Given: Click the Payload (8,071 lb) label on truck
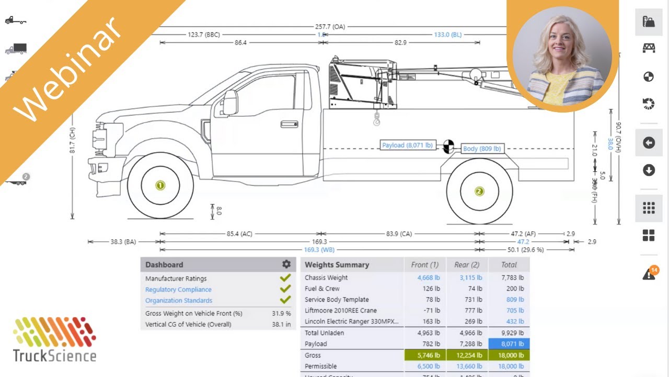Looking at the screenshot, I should (x=407, y=145).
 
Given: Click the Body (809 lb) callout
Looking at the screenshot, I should (x=482, y=149).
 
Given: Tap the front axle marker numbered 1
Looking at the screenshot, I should (x=160, y=185).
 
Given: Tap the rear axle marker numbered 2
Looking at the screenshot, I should (x=479, y=191).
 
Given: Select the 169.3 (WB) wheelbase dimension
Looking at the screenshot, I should (x=319, y=250).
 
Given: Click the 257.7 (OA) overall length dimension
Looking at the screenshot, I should (x=330, y=27).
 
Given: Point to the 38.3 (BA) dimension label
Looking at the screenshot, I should (x=123, y=242).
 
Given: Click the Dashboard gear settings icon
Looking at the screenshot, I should (x=286, y=264).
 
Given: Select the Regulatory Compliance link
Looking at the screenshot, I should (x=178, y=290).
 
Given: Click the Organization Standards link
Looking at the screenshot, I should (x=179, y=301).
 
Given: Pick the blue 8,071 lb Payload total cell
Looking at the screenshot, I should (x=509, y=344).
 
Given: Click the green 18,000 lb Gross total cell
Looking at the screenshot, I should (x=509, y=355).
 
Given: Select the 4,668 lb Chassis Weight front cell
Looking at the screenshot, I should (x=429, y=278).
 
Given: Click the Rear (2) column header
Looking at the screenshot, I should (x=467, y=265).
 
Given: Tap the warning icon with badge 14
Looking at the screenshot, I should (x=649, y=274).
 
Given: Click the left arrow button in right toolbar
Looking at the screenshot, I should (x=649, y=143).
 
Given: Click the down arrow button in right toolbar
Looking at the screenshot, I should (x=649, y=170).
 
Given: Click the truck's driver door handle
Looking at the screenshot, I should (x=289, y=124).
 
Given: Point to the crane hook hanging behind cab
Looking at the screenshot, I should (x=376, y=120).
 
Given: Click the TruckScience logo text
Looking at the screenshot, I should (x=55, y=356).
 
